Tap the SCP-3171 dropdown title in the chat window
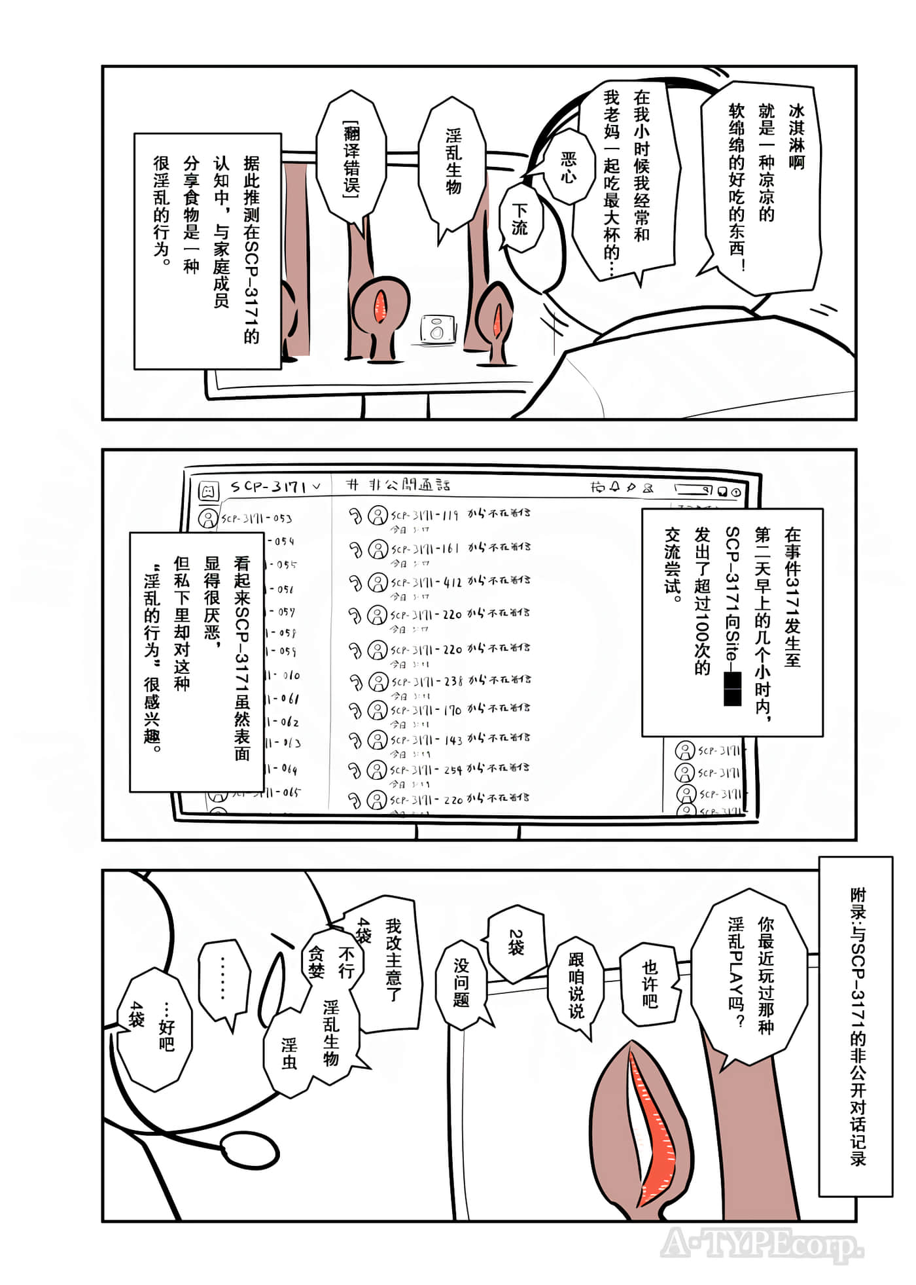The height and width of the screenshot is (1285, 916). tap(275, 487)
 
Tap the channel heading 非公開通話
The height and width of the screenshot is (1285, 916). tap(409, 485)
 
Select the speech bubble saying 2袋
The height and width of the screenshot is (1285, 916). tap(516, 943)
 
